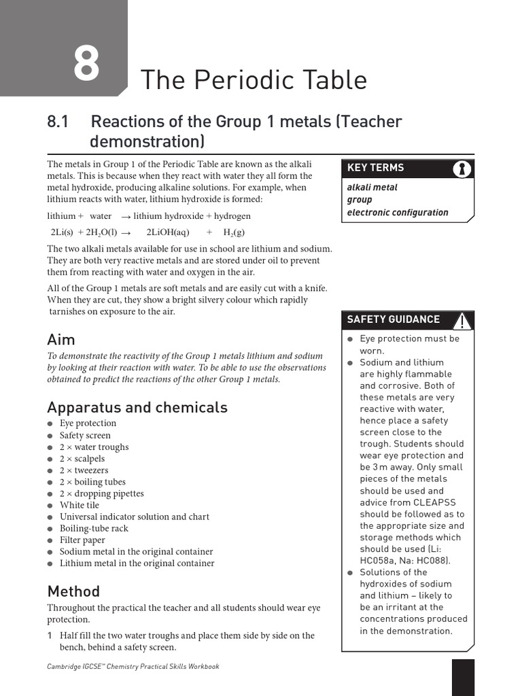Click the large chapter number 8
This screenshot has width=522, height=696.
(x=86, y=65)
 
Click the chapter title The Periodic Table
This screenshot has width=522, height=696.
(x=253, y=80)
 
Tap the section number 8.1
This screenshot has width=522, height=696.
(x=59, y=122)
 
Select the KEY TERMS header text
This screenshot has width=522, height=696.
(x=375, y=167)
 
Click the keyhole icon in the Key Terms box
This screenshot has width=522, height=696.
(x=462, y=169)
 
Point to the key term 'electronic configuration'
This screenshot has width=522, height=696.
(x=398, y=212)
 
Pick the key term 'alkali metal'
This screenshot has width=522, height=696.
(x=372, y=187)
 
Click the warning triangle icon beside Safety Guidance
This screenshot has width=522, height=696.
(x=462, y=320)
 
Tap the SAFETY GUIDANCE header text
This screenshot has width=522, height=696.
(x=393, y=319)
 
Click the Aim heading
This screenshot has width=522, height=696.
(x=61, y=339)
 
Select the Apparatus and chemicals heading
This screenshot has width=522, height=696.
(x=137, y=407)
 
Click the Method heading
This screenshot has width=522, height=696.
(x=73, y=591)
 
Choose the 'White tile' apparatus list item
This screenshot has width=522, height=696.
(x=79, y=505)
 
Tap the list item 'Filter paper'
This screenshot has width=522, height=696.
(x=82, y=540)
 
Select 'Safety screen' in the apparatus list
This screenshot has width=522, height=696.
(x=85, y=435)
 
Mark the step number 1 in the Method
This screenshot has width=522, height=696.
(x=50, y=636)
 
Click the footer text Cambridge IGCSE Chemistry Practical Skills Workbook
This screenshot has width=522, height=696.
(x=133, y=667)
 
